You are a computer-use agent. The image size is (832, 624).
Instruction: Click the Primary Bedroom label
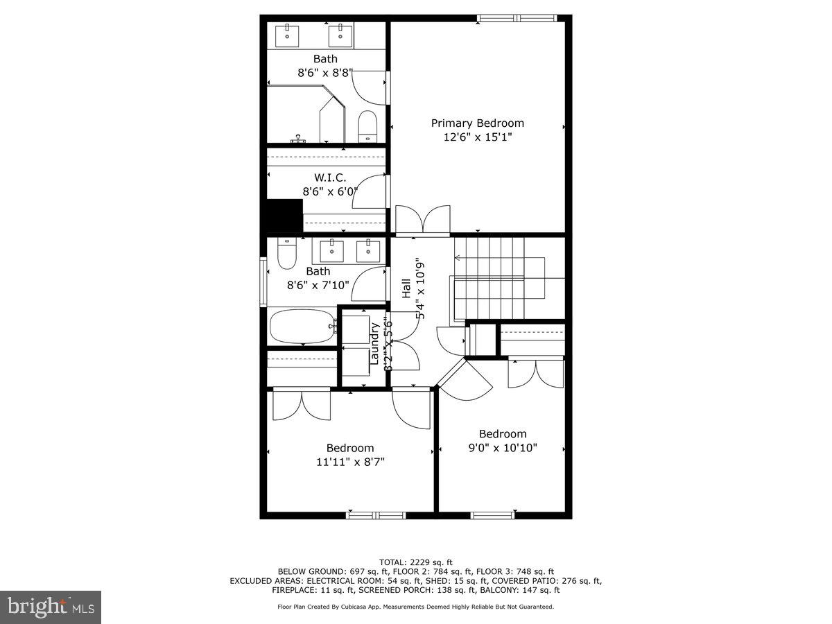[x=477, y=123]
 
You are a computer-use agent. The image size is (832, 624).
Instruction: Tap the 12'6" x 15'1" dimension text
[x=477, y=137]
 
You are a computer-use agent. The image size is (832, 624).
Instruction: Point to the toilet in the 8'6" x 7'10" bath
[x=286, y=254]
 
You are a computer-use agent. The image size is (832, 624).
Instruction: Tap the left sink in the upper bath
[x=286, y=33]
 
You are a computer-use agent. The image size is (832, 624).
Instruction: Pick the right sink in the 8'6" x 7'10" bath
[x=367, y=250]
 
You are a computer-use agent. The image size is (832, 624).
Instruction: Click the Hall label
[x=406, y=288]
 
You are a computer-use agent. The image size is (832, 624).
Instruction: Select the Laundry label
[x=374, y=343]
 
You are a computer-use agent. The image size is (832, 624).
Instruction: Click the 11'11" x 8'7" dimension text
[x=350, y=462]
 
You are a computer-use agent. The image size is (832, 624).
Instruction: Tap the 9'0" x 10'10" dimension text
[x=503, y=448]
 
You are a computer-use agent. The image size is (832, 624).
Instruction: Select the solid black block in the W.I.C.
[x=285, y=215]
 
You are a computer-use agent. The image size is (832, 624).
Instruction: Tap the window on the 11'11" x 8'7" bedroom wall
[x=376, y=514]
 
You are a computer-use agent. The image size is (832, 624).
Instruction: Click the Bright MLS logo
[x=51, y=607]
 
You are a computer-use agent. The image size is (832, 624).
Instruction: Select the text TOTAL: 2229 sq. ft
[x=415, y=562]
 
